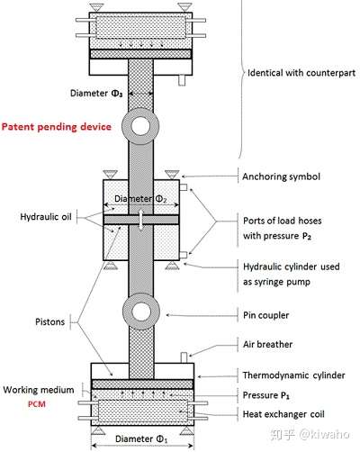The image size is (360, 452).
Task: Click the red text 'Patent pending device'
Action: click(x=57, y=127)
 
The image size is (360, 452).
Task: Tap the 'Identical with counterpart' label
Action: click(x=301, y=73)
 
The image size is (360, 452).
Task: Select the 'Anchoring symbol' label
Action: click(x=281, y=176)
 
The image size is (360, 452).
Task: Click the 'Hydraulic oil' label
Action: click(x=46, y=217)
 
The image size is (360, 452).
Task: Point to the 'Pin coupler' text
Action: click(x=265, y=315)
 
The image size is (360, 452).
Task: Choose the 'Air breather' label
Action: click(x=267, y=344)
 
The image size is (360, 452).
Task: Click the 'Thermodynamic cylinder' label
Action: click(x=293, y=375)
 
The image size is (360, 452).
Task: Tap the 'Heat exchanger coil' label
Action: click(x=283, y=414)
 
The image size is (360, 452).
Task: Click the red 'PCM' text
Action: click(x=37, y=404)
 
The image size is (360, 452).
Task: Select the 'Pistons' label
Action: click(x=49, y=321)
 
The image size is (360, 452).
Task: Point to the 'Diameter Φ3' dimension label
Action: click(x=96, y=94)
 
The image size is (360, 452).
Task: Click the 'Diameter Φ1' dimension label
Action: click(x=141, y=439)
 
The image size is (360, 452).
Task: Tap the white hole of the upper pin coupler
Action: click(x=140, y=126)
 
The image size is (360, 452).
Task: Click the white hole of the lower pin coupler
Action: click(x=141, y=312)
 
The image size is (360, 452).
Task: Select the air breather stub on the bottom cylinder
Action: click(x=184, y=357)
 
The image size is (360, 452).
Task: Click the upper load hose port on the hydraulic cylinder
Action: click(x=184, y=187)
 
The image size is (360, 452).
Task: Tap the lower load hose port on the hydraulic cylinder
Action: click(x=184, y=255)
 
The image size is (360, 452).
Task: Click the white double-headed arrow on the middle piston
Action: click(x=141, y=220)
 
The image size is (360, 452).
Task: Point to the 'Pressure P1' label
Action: click(x=266, y=395)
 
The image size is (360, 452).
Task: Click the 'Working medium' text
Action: click(x=39, y=390)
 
